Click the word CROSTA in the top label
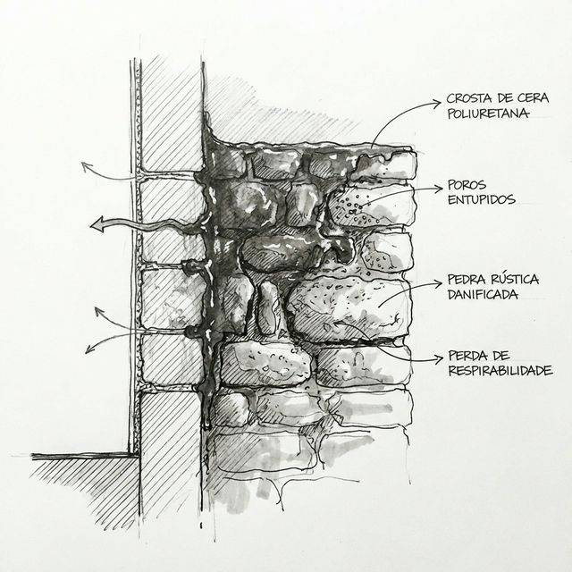(x=467, y=98)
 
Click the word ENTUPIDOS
(x=481, y=201)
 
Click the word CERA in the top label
(x=534, y=98)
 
